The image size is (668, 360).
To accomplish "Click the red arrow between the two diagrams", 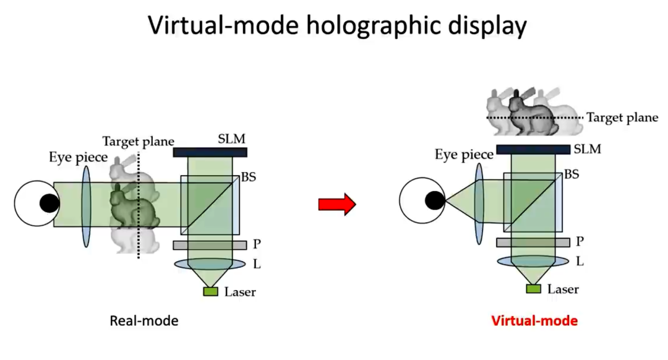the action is point(336,204).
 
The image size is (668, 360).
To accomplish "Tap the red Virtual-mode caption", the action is point(534,321).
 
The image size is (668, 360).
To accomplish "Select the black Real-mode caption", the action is point(144,321).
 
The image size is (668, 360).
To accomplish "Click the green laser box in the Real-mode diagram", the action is point(210,291).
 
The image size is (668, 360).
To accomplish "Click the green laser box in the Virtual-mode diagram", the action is point(533,288).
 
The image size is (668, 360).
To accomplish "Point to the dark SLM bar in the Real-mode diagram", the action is point(210,152).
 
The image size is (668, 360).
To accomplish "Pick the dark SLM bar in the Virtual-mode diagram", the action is point(533,149).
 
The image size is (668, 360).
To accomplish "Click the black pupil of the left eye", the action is point(49,203).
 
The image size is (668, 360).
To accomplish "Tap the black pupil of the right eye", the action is point(434,199).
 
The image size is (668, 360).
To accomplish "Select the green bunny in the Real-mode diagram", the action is point(131,204).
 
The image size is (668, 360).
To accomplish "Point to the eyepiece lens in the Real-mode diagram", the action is point(85,204).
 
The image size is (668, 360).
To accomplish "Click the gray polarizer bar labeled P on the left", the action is point(210,245).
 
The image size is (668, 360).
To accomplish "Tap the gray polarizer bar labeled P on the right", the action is point(533,242).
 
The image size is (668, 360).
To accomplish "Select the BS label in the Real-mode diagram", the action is point(248,177).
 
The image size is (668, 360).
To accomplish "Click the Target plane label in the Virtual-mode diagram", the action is point(622,117).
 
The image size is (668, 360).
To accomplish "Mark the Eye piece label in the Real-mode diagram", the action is point(79,157).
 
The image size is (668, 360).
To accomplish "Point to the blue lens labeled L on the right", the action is point(533,261).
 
